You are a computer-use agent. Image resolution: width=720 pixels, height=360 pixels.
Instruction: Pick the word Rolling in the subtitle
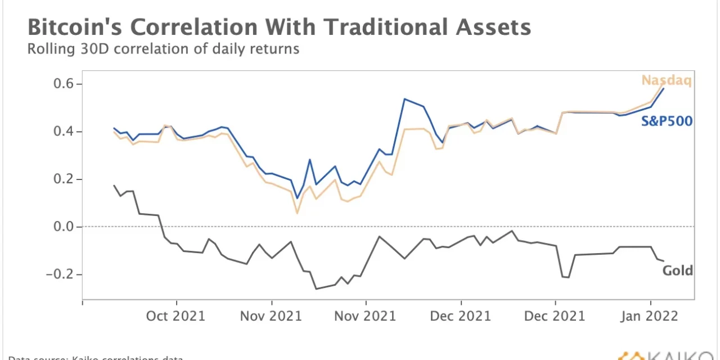point(49,49)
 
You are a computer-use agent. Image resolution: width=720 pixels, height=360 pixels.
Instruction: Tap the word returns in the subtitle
point(275,49)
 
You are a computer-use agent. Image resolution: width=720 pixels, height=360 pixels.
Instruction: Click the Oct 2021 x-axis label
point(175,316)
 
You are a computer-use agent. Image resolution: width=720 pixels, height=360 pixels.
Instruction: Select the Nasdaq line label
point(667,80)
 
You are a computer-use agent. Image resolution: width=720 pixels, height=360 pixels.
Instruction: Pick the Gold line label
point(677,271)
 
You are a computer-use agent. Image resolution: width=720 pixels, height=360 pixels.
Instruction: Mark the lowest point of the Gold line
point(316,289)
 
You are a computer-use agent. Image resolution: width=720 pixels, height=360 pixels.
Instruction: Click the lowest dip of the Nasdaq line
point(297,213)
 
